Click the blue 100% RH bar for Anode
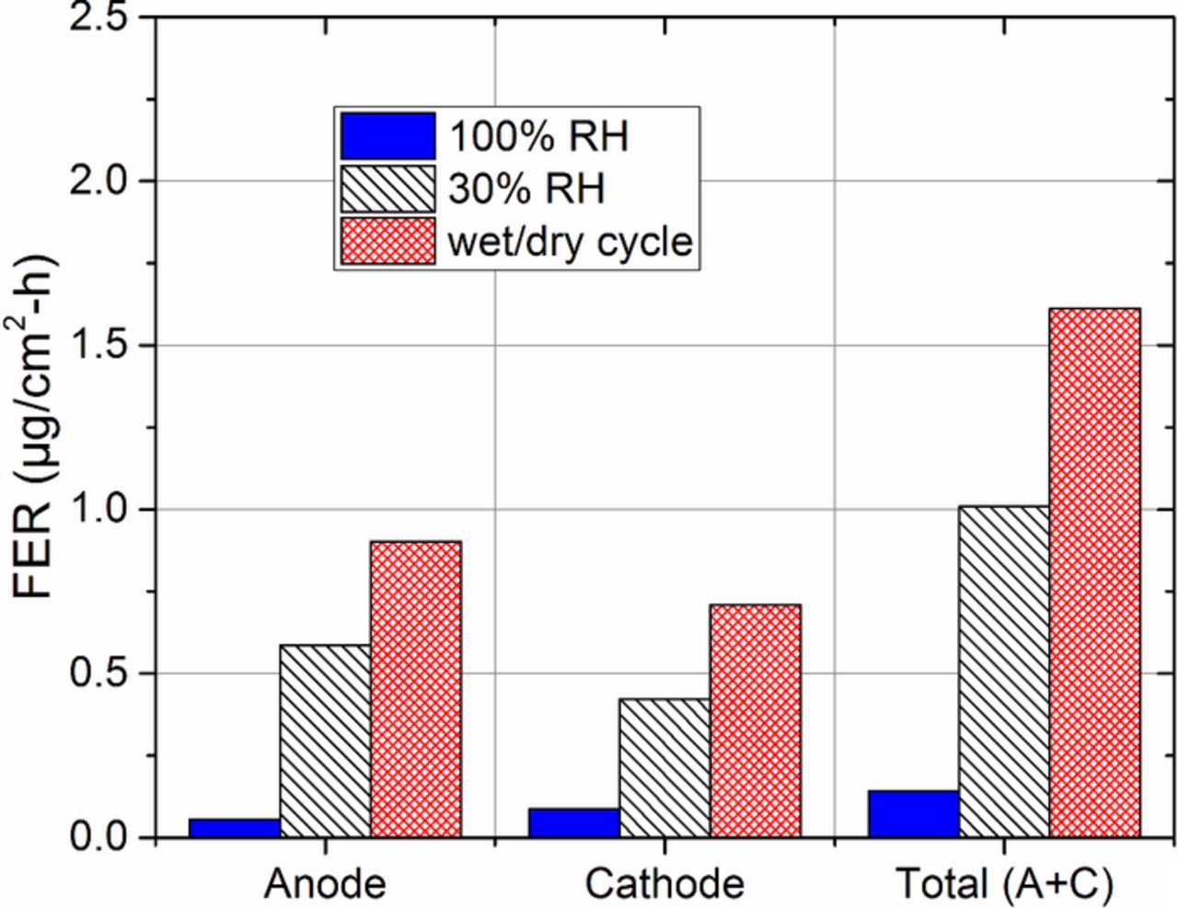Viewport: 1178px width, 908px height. tap(234, 828)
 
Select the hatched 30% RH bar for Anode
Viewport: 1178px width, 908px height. tap(325, 741)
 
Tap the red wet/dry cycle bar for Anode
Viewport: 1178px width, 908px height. tap(416, 689)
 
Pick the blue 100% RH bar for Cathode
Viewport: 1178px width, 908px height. tap(573, 823)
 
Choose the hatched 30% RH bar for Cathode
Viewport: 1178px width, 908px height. tap(664, 768)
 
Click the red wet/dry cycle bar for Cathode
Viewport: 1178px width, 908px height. tap(755, 721)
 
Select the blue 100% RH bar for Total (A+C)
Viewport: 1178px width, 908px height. tap(913, 814)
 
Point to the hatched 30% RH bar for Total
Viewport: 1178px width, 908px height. tap(1003, 672)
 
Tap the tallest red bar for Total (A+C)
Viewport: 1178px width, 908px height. tap(1094, 573)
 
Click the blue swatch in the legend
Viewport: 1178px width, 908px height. tap(387, 136)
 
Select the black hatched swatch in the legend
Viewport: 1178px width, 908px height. tap(387, 189)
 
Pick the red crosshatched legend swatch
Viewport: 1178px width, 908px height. tap(387, 241)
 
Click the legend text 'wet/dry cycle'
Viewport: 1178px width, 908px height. tap(570, 241)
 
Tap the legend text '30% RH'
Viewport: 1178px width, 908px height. tap(526, 189)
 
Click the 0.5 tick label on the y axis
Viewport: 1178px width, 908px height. tap(100, 674)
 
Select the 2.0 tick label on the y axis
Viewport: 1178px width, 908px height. tap(100, 181)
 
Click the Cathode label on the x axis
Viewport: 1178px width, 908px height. tap(664, 884)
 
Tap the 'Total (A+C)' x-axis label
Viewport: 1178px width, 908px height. tap(1004, 884)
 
